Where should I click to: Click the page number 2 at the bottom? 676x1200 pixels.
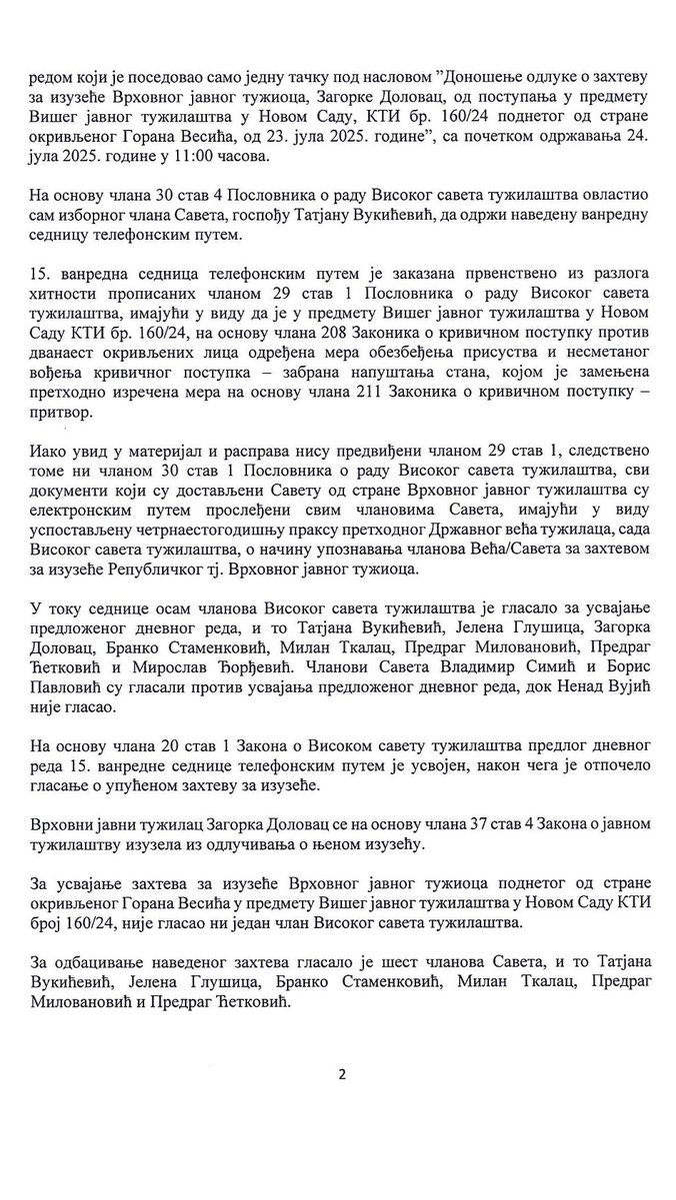tap(340, 1074)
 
